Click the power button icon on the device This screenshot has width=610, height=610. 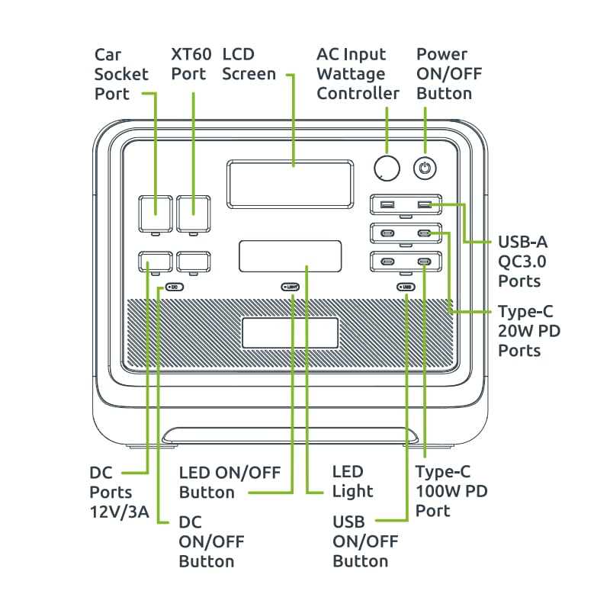[425, 168]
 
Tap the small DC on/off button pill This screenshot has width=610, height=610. [174, 287]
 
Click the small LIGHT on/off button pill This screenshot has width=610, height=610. [291, 287]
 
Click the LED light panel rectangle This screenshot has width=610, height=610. [290, 256]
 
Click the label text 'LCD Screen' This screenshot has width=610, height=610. [249, 65]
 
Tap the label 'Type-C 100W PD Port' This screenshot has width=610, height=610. [451, 491]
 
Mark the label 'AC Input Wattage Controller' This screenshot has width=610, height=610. [358, 74]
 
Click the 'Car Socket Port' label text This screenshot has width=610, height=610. [112, 74]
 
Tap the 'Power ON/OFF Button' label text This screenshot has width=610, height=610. [449, 74]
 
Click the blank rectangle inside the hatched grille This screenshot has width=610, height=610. [291, 333]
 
